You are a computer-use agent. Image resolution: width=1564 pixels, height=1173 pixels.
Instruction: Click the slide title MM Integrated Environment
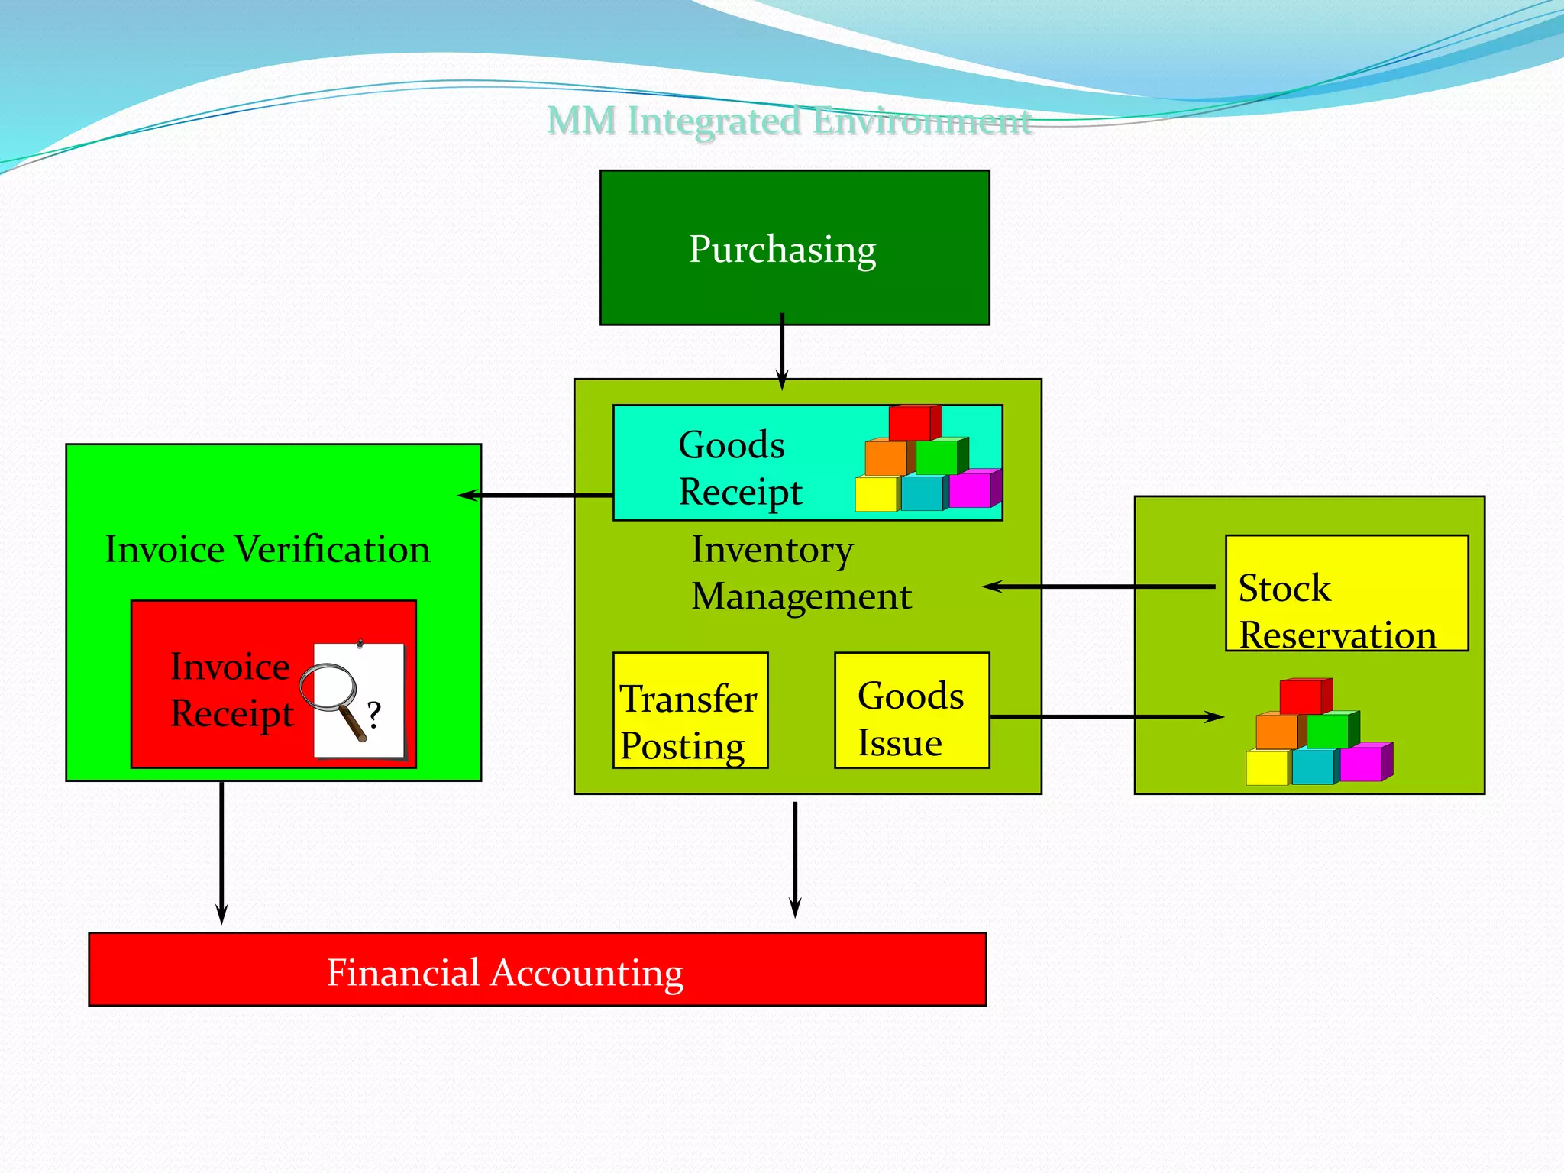coord(790,121)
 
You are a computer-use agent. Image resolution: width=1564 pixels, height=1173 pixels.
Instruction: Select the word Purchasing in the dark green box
coord(782,249)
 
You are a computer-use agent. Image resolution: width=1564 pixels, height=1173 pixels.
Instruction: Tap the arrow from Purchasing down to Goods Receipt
coord(782,351)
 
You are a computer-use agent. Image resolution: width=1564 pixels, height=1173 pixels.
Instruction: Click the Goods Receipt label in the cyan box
coord(739,467)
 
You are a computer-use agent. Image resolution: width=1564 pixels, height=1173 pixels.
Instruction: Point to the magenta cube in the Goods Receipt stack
coord(971,489)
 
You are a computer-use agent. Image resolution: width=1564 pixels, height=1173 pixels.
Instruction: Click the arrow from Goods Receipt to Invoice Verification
coord(535,496)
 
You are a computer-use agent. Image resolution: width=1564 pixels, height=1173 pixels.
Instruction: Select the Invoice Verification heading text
coord(267,549)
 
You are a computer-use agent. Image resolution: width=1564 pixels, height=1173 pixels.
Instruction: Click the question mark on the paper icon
coord(373,715)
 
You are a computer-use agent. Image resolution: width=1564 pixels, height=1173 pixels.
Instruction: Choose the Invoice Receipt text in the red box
coord(231,690)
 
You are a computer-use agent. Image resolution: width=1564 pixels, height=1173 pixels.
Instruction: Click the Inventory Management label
coord(800,573)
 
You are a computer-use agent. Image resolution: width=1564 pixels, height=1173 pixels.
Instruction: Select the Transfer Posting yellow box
coord(690,710)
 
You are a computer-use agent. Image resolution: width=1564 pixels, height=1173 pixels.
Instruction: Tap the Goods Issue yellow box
coord(911,710)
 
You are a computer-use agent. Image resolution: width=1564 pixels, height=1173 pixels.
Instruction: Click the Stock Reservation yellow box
coord(1346,593)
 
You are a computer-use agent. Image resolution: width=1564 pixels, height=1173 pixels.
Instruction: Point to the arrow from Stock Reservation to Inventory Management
coord(1100,586)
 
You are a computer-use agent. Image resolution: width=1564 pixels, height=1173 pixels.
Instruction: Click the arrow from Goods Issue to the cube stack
coord(1107,716)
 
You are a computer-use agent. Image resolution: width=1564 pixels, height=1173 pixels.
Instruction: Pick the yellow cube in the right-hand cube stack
coord(1267,767)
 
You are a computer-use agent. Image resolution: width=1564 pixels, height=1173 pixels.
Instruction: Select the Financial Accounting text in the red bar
coord(505,973)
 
